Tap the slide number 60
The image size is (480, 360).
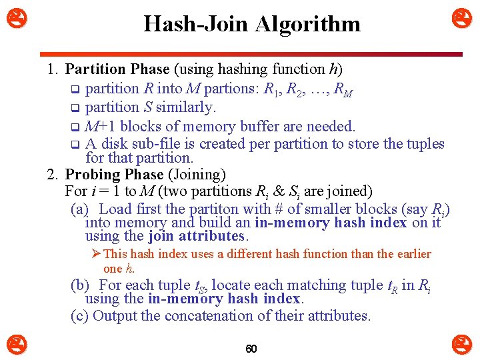tap(251, 349)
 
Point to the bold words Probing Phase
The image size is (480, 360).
tap(114, 175)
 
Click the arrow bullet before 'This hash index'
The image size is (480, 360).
tap(97, 254)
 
